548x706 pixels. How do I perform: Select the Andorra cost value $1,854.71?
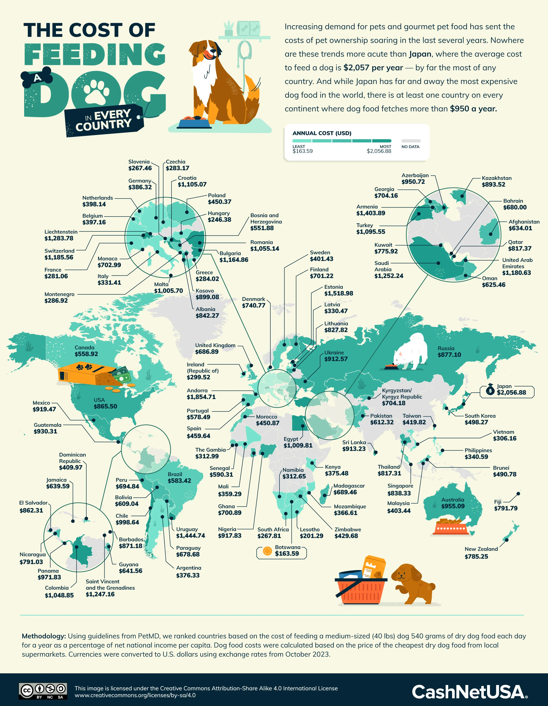(201, 397)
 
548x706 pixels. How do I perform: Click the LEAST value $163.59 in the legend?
(303, 151)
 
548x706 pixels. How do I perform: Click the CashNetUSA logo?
(469, 692)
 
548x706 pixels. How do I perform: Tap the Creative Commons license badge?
(43, 691)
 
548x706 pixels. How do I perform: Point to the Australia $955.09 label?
(453, 503)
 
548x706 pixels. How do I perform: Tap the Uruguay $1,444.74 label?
(190, 532)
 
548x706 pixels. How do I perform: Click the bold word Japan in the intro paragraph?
(420, 54)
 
